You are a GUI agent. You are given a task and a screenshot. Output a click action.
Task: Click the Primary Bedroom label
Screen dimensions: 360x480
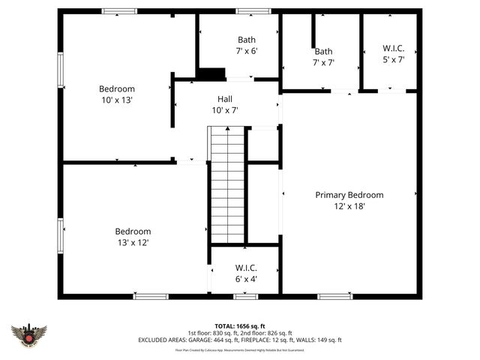tap(349, 195)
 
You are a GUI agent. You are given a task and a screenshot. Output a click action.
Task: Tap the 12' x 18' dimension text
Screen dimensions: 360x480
tap(349, 206)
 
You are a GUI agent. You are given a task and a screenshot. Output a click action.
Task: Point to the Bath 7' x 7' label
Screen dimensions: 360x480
tap(323, 57)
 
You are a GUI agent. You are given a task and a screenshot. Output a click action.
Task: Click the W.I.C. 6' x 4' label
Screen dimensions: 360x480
tap(246, 273)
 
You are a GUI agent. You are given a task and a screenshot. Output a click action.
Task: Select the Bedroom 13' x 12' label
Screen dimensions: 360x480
tap(133, 237)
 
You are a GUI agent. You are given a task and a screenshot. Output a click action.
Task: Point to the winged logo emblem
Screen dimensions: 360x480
tap(29, 334)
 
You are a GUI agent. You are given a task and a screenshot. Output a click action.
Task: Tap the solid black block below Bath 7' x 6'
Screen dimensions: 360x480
tap(211, 73)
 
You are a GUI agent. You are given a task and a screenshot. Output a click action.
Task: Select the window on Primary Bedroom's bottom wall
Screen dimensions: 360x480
tap(334, 296)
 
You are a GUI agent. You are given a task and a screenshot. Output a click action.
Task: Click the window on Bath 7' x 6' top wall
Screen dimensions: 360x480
tap(247, 11)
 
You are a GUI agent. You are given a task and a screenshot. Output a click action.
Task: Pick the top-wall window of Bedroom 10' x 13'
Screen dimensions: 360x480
tap(120, 11)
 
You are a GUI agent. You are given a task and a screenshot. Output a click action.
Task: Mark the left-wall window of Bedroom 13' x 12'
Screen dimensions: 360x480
tap(61, 235)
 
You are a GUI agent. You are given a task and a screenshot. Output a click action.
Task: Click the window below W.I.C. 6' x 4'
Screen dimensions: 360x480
tap(245, 296)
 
